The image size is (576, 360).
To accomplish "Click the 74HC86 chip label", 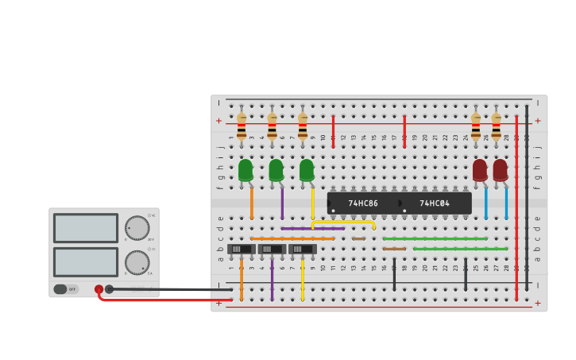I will [x=363, y=203].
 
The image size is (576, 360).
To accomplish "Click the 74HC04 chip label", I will [x=435, y=203].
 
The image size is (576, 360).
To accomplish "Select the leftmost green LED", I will [x=245, y=170].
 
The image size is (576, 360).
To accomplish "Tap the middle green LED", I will [x=276, y=170].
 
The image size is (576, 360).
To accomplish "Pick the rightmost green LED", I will [x=307, y=170].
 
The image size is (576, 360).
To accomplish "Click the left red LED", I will [x=480, y=170].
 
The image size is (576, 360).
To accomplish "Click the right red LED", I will [x=500, y=170].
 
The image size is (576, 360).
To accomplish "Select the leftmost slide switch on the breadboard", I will [x=241, y=249].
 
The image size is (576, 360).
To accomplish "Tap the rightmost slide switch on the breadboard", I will [x=302, y=249].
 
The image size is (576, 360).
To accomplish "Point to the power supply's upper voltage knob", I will [x=137, y=228].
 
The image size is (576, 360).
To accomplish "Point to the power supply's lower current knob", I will [x=137, y=262].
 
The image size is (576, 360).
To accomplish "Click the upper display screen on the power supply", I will [x=86, y=228].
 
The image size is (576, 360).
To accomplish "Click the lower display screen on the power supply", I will [x=86, y=262].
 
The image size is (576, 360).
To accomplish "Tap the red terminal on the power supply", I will [x=99, y=290].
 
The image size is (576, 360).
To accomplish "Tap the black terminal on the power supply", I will [x=110, y=289].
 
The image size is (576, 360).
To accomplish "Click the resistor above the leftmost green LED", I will [x=242, y=126].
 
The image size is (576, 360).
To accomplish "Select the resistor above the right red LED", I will [x=496, y=126].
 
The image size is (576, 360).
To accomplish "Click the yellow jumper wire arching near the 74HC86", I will [x=343, y=222].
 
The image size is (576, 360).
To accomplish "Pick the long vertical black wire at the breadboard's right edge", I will [x=526, y=199].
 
